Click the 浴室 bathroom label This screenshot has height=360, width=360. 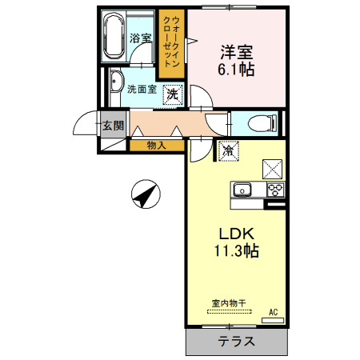click(x=142, y=38)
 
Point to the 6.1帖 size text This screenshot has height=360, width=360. click(x=237, y=70)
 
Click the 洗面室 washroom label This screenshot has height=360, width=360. click(x=142, y=90)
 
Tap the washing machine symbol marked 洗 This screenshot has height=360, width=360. click(x=172, y=94)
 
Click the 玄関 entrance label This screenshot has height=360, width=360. click(x=113, y=126)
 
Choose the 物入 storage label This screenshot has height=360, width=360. click(x=156, y=146)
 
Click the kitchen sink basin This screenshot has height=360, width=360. click(x=242, y=190)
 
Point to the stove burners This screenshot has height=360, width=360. click(x=274, y=190)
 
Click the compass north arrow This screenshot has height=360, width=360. click(x=145, y=194)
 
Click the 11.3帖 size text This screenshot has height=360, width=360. click(x=236, y=250)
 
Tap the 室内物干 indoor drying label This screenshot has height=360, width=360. click(x=228, y=302)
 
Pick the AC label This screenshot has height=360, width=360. click(x=273, y=312)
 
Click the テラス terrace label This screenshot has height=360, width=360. click(x=236, y=342)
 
